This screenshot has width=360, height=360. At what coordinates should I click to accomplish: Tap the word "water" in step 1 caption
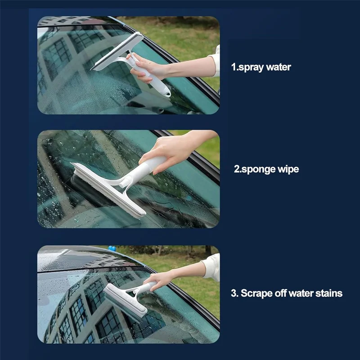point(279,67)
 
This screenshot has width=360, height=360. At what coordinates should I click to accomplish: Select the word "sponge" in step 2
point(258,170)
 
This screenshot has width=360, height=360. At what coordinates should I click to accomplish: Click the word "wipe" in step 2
point(288,169)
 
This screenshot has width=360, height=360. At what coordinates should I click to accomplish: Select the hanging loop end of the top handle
point(166,94)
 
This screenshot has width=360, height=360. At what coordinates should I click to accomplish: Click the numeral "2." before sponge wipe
point(237,170)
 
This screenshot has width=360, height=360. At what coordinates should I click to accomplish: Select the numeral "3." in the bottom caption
point(234,293)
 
